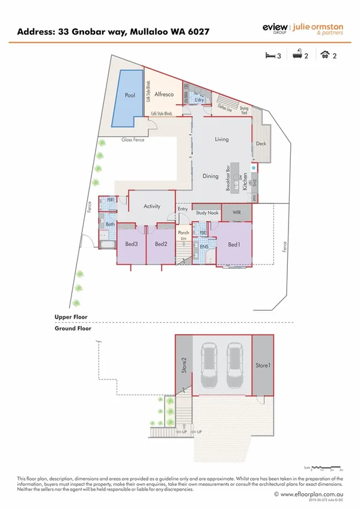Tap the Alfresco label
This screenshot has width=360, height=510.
pyautogui.click(x=164, y=94)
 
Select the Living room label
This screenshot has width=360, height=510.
pyautogui.click(x=222, y=140)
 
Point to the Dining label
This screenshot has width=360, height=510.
pyautogui.click(x=210, y=176)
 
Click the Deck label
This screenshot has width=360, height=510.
pyautogui.click(x=261, y=144)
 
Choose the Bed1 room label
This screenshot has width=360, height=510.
pyautogui.click(x=234, y=244)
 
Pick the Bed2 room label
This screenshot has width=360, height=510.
pyautogui.click(x=160, y=244)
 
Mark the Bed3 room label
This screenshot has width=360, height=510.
pyautogui.click(x=132, y=244)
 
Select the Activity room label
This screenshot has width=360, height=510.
pyautogui.click(x=152, y=206)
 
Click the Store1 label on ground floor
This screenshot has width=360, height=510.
pyautogui.click(x=262, y=365)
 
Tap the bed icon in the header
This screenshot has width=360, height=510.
pyautogui.click(x=269, y=55)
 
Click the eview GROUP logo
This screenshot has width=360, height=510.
pyautogui.click(x=275, y=29)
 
